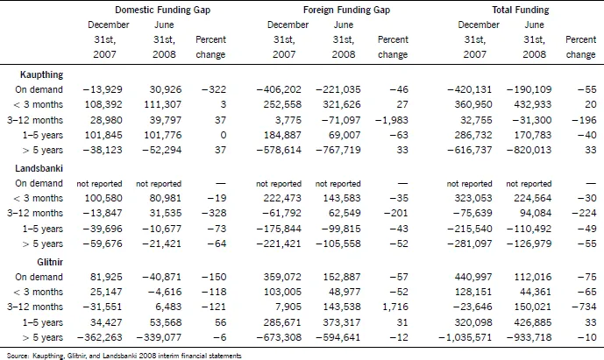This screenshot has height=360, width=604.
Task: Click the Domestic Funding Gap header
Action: coord(162,10)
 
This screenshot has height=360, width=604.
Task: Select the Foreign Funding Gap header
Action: coord(346,10)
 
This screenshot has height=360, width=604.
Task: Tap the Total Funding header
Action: coord(521,10)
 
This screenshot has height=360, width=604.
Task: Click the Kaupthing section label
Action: coord(41,74)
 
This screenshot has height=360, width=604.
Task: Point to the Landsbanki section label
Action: coord(39,168)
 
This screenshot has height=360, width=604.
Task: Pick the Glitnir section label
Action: coord(50,262)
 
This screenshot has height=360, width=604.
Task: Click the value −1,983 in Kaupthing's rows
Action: coord(392,120)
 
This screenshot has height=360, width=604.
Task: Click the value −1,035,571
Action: coord(465,338)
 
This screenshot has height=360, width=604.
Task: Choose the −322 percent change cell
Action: coord(214,89)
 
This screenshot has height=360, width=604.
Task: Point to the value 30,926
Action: coord(166,89)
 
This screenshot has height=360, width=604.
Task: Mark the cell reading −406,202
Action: coord(280,89)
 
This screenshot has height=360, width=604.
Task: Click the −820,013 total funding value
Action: coord(529,150)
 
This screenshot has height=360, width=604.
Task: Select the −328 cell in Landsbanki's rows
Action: coord(214,213)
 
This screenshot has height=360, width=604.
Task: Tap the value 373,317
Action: coord(345,322)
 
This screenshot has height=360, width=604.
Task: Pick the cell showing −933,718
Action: coord(529,338)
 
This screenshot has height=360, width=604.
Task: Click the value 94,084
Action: coord(536,213)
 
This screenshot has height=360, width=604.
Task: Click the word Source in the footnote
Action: coord(17,356)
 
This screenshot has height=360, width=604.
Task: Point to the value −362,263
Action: coord(100,338)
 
